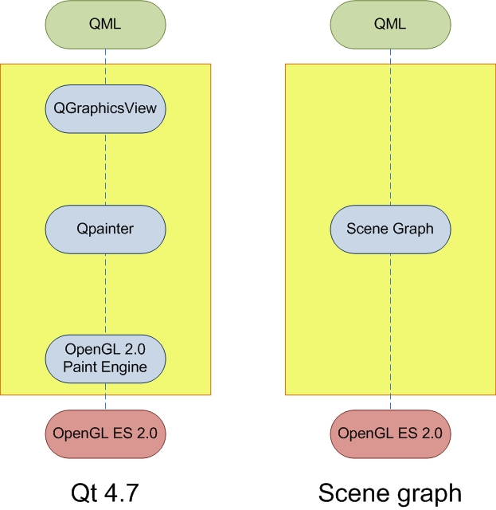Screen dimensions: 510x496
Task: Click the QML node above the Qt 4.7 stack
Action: click(105, 23)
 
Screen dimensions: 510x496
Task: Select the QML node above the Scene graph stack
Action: click(390, 23)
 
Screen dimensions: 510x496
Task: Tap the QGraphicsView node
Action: click(105, 108)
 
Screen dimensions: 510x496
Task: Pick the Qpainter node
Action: click(105, 229)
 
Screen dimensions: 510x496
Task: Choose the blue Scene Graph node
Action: click(390, 229)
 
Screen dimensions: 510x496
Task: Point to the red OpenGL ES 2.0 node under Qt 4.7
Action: click(105, 433)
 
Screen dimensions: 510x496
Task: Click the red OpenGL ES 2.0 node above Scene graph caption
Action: click(390, 433)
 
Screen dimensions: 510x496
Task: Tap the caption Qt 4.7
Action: click(105, 488)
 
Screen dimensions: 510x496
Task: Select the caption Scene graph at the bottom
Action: click(390, 488)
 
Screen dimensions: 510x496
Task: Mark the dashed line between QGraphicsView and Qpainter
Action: click(105, 167)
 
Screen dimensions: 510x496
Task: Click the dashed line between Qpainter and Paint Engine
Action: click(105, 292)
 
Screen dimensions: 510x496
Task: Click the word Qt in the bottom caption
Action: click(84, 488)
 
